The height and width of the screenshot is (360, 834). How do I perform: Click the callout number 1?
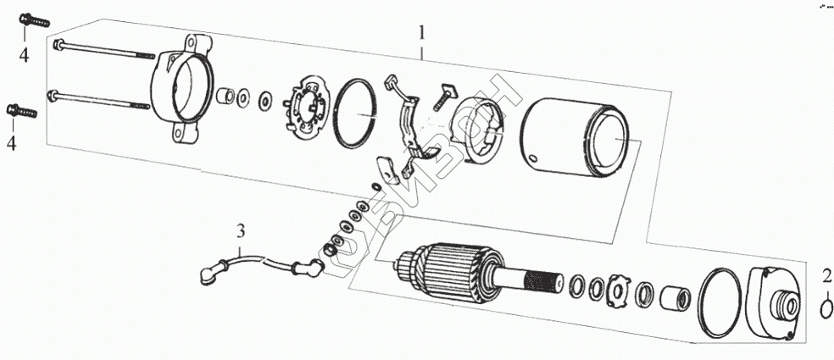tap(421, 35)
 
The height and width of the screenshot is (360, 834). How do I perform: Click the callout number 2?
tap(826, 275)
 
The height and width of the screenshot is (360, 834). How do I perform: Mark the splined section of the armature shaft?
tap(543, 280)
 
